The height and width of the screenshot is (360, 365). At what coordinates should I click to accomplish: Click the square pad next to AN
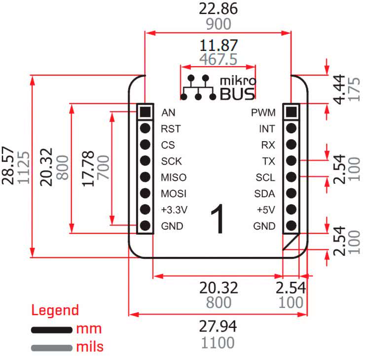145,112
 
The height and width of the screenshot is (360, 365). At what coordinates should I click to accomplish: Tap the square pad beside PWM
291,112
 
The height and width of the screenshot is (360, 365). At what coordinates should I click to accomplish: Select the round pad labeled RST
145,128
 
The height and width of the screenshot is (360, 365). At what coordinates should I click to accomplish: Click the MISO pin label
173,177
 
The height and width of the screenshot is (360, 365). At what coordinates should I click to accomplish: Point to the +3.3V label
175,210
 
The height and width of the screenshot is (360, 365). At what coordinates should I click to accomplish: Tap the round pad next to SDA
291,194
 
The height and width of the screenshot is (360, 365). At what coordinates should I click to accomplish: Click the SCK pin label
171,161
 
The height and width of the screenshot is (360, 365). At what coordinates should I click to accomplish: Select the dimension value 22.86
218,9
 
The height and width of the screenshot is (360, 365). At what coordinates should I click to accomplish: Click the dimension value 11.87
218,46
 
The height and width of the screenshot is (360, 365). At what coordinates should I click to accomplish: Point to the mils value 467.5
218,60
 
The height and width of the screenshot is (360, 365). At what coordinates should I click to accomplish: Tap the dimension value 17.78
88,169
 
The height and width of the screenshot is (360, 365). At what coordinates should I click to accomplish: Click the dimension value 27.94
218,326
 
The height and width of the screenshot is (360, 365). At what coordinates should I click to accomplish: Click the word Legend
55,311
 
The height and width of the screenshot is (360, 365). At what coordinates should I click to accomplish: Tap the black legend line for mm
52,329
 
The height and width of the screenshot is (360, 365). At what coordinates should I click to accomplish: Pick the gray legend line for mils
52,347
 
